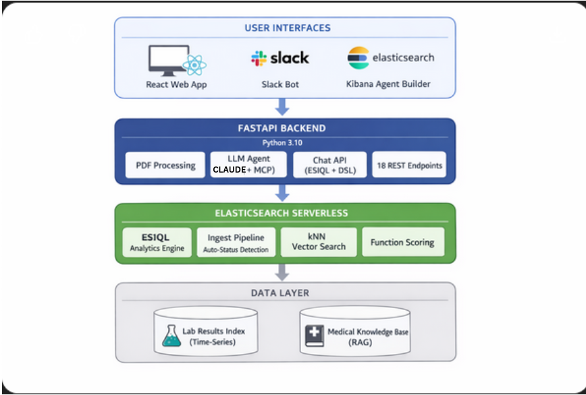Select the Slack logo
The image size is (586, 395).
[280, 58]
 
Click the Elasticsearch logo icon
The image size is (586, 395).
[358, 58]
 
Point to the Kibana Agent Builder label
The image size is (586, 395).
[388, 84]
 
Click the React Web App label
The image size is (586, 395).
[176, 84]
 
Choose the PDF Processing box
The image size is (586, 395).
[165, 164]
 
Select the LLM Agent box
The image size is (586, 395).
[248, 164]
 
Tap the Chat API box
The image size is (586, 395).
[330, 164]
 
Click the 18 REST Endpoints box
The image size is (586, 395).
[409, 164]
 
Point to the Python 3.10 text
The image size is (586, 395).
[284, 143]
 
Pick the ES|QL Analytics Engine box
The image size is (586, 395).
[156, 243]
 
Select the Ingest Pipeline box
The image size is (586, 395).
[236, 243]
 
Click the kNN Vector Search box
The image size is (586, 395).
[318, 243]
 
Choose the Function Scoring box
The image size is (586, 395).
[402, 243]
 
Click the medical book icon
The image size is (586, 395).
[314, 336]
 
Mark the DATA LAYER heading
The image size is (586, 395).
[284, 293]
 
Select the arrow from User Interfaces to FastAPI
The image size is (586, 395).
[284, 107]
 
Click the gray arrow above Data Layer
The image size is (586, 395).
[284, 272]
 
